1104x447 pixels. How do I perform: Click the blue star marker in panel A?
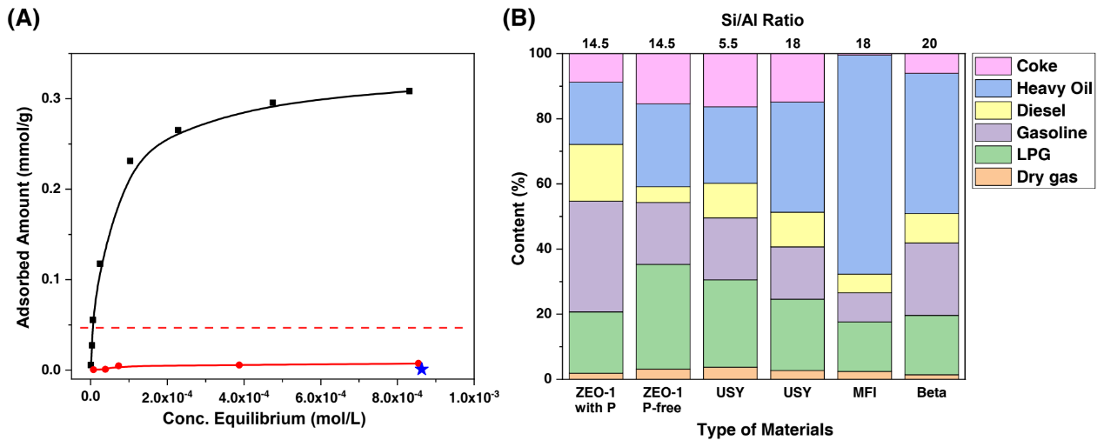coord(422,370)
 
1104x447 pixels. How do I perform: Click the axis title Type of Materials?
coord(765,429)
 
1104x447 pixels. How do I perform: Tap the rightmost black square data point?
coord(409,90)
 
